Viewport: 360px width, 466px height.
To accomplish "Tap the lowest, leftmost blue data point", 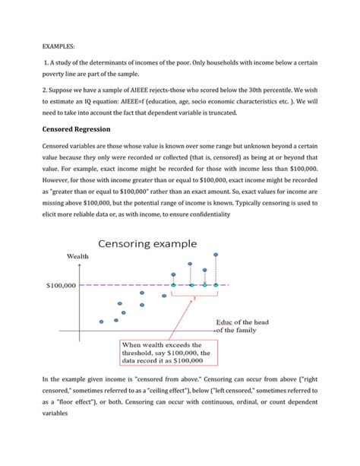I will (101, 322).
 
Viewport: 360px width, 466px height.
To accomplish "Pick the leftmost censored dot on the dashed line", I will (173, 286).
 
